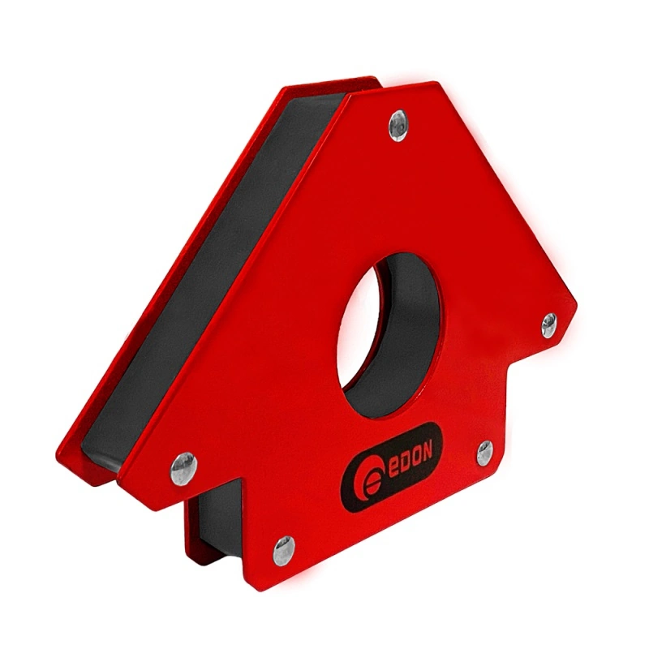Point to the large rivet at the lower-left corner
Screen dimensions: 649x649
coord(183,468)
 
